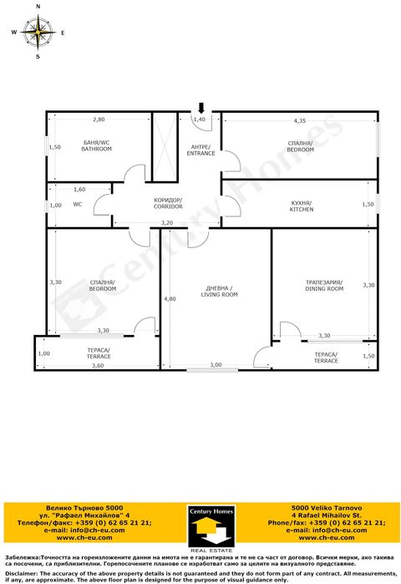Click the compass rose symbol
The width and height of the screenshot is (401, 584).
[37, 33]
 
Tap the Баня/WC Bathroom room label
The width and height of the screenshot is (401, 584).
[97, 145]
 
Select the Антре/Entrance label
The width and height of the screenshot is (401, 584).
[200, 150]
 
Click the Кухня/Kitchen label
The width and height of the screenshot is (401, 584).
[301, 206]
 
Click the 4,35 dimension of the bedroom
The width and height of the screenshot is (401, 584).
[299, 122]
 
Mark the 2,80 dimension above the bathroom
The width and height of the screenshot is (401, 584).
[99, 119]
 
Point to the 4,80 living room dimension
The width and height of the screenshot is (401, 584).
[170, 298]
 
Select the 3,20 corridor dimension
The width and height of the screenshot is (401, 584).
[167, 222]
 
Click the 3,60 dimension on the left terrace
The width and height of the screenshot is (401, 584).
[98, 365]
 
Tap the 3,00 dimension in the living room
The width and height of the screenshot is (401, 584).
[216, 365]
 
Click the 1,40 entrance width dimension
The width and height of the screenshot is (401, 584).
[199, 120]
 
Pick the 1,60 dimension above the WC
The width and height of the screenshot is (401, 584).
[79, 190]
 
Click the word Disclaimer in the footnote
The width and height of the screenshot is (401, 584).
[22, 573]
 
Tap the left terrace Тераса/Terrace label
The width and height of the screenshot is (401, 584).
[99, 353]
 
